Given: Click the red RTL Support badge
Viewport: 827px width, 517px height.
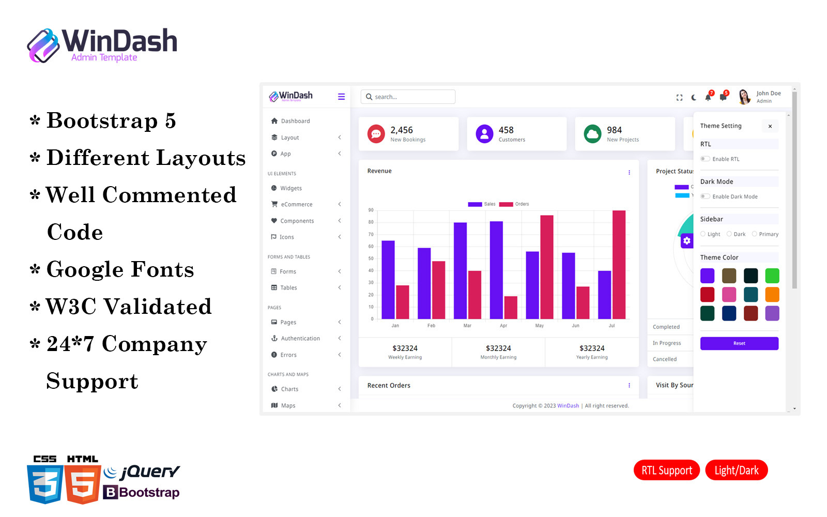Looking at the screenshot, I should pos(666,470).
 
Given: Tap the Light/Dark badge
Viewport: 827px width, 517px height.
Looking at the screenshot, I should pos(736,470).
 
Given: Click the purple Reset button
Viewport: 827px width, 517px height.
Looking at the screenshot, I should pos(739,343).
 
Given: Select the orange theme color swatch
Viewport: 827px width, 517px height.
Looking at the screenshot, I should pos(772,294).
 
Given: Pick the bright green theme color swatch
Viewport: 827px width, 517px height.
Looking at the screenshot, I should pos(772,276).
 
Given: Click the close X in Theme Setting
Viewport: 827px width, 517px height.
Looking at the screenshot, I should pos(770,126).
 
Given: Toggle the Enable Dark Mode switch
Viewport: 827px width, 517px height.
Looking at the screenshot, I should pos(705,196).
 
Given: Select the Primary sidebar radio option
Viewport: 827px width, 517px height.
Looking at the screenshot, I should pos(755,234).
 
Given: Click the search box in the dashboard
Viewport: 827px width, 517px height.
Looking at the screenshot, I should pos(408,97).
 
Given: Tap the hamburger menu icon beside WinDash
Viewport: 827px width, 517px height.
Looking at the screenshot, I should pos(341,97).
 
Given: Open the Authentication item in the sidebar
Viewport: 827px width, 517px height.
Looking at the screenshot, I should pos(300,339).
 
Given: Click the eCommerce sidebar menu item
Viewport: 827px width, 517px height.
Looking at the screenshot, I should pos(296,204).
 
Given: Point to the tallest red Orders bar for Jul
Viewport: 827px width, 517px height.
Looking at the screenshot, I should pos(619,264).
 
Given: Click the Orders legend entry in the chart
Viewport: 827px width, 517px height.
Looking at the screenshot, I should pos(514,204).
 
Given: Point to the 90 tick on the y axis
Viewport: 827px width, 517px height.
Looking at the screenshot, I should pos(371,210).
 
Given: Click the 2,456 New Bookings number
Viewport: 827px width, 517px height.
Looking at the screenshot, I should pos(402,130).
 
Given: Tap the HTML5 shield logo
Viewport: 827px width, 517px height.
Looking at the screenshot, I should pos(83,484).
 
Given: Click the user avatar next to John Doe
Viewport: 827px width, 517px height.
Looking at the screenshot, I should pos(744,97).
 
